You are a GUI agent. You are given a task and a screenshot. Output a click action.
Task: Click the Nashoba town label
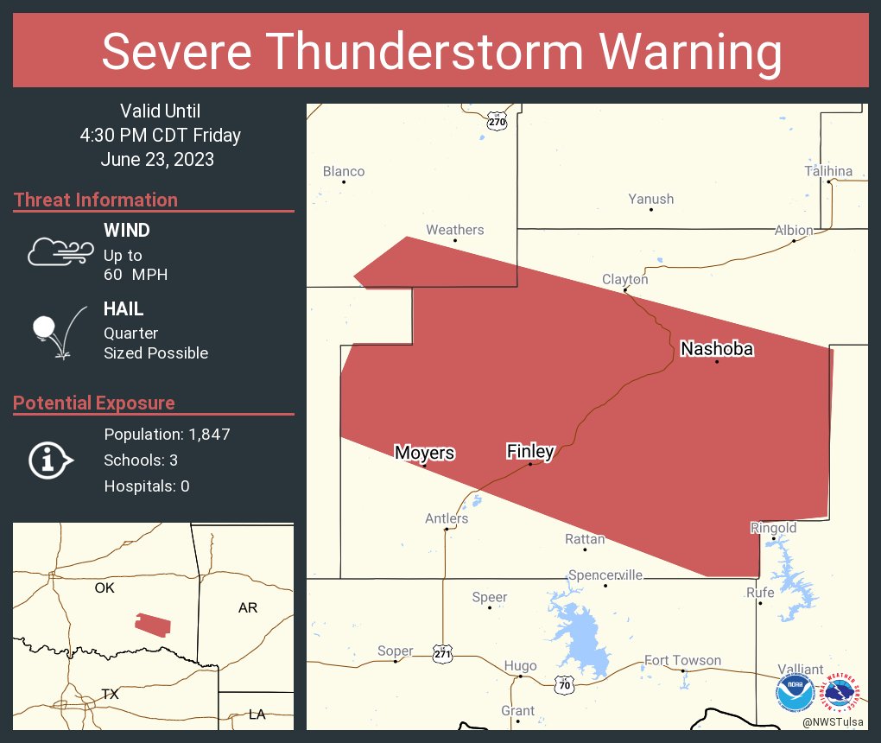coord(717,349)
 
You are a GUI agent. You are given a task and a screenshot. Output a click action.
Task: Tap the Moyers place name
coord(424,453)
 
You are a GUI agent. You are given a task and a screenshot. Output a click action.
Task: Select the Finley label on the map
coord(529,451)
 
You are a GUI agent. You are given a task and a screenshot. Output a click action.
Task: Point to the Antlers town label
coord(447,518)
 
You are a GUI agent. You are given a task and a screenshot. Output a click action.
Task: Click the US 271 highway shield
coord(442,656)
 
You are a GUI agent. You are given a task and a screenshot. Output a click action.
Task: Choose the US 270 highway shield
coord(496,121)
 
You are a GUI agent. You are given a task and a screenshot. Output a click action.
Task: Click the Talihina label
coord(828,171)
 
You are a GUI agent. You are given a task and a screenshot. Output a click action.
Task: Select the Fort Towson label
coord(682,660)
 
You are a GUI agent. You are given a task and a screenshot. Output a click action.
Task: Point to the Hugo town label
coord(520,666)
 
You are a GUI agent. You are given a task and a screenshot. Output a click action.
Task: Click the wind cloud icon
coord(60,251)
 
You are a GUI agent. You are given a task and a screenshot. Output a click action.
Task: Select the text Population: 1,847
coord(167,435)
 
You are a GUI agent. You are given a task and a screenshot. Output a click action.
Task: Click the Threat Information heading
coord(96,200)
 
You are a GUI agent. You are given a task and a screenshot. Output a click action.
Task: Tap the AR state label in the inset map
coord(248,608)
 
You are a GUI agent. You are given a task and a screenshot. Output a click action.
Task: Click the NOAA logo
coord(794,692)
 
